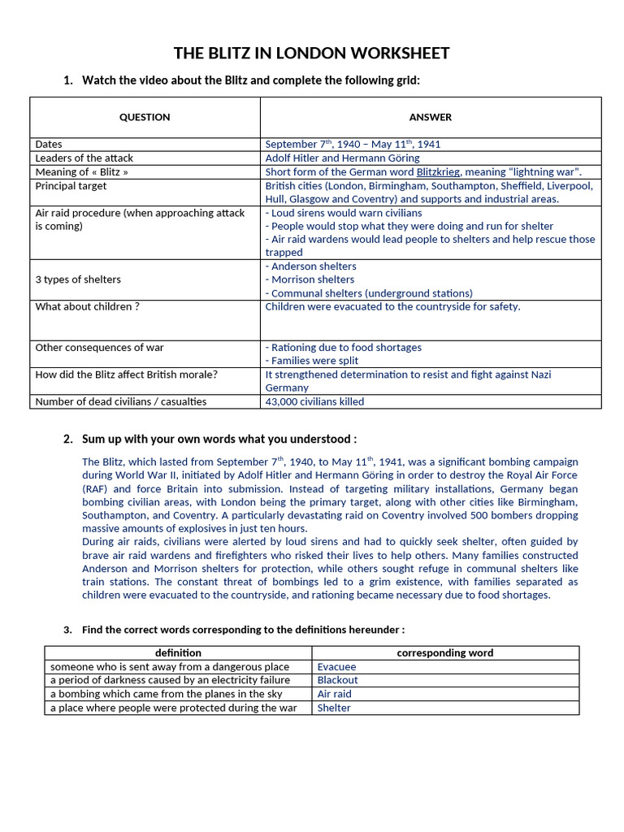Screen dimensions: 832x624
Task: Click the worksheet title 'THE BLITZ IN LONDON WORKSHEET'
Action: click(312, 54)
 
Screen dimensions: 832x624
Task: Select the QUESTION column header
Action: click(145, 117)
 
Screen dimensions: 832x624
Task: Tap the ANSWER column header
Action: click(431, 117)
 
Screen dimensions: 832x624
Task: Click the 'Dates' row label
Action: click(49, 144)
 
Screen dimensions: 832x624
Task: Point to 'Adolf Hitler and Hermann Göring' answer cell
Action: click(342, 158)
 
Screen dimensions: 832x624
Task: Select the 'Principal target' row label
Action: click(71, 185)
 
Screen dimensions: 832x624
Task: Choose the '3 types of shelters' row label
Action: click(78, 279)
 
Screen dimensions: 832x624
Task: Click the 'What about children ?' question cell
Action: click(87, 306)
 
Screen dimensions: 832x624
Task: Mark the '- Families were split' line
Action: click(311, 361)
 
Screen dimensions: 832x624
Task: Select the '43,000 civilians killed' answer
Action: click(314, 401)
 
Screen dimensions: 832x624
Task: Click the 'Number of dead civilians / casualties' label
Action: click(121, 401)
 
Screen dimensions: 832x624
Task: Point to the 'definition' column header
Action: click(178, 652)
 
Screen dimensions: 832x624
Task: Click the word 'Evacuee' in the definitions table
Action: click(336, 667)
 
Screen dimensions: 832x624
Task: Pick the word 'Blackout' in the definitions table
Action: click(337, 680)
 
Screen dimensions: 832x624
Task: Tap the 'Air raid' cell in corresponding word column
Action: click(334, 694)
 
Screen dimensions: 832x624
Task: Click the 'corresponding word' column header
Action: click(444, 652)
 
